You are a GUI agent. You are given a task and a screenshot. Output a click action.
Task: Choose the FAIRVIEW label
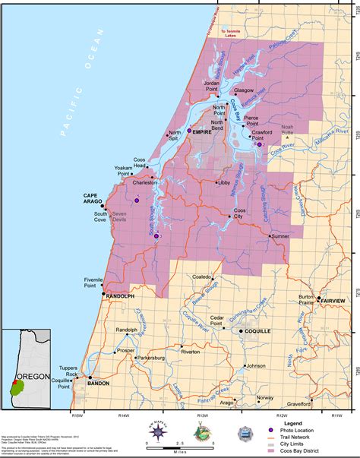[x=337, y=301]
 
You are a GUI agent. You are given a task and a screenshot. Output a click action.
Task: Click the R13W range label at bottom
[x=202, y=416]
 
